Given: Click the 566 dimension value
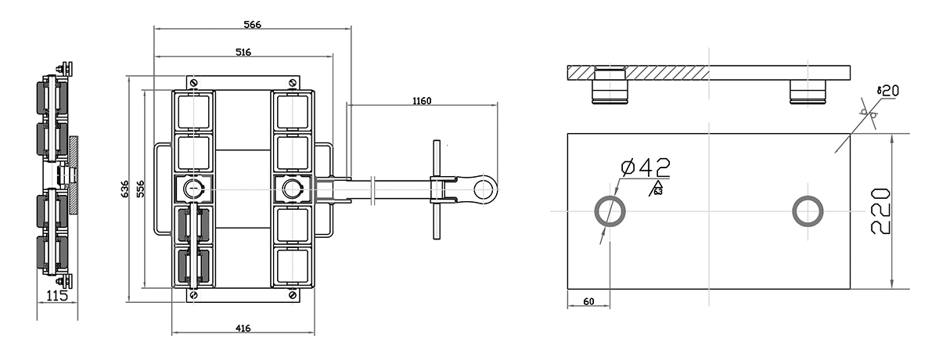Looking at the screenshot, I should click(x=251, y=24).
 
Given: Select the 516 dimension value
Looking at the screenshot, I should click(x=243, y=52).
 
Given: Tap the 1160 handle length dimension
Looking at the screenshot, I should click(x=421, y=99).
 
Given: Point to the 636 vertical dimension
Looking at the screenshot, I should click(x=124, y=189).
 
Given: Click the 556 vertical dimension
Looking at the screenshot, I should click(x=141, y=189).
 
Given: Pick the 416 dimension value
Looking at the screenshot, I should click(x=243, y=328).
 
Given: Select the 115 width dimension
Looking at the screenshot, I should click(x=57, y=296).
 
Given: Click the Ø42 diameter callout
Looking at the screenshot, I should click(x=644, y=167).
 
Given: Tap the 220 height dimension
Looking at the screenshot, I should click(x=881, y=211).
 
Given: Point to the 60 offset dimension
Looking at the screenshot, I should click(x=588, y=301).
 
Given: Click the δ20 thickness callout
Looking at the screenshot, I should click(x=887, y=91).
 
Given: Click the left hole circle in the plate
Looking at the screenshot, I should click(x=610, y=211).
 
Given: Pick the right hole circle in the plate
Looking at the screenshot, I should click(x=807, y=211).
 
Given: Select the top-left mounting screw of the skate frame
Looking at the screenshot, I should click(x=193, y=81).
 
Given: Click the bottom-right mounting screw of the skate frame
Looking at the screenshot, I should click(x=292, y=295).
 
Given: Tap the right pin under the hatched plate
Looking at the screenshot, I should click(x=807, y=89).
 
